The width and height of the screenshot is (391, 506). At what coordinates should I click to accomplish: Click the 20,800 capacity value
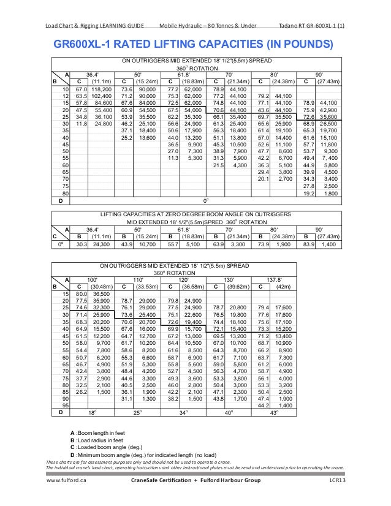(238, 308)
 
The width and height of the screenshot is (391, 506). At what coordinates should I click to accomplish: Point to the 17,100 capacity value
(283, 322)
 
